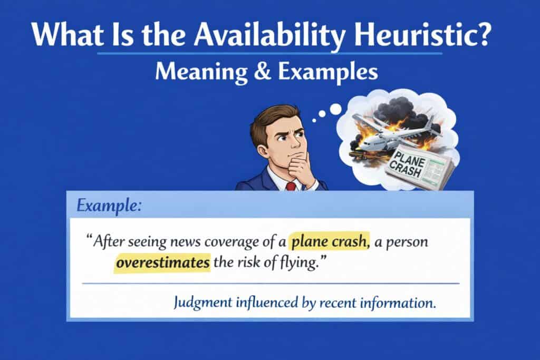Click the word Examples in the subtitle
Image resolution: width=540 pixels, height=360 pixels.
pos(328,73)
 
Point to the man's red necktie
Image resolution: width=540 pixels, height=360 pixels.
pos(291,186)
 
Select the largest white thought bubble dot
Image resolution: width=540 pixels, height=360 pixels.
pos(335,110)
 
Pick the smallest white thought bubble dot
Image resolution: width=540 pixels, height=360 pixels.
pos(314,121)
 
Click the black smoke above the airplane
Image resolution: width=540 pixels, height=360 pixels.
pos(400,110)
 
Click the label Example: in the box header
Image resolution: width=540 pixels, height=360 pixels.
pos(109,206)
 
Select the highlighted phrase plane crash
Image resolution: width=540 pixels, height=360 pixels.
pos(329,241)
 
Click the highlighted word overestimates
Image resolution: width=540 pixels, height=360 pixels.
pos(162,262)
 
